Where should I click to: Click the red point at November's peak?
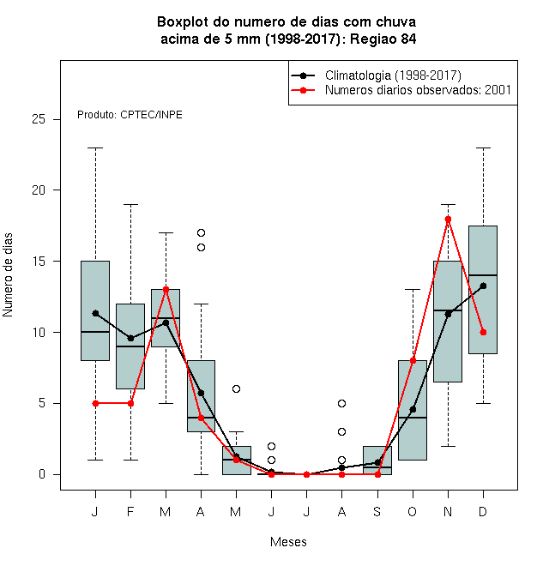point(448,219)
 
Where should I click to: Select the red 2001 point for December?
point(483,332)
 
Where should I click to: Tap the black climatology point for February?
point(130,338)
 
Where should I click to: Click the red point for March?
point(166,289)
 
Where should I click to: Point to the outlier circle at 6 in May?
point(236,388)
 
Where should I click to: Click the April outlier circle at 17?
point(202,232)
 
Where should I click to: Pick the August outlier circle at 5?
point(341,403)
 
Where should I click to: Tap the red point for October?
point(413,360)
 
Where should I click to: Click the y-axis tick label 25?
point(39,119)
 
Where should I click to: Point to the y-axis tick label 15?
point(39,261)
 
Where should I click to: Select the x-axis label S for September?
point(377,511)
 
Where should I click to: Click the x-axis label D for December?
point(483,511)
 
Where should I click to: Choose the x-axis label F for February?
point(130,511)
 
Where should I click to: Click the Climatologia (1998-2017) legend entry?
point(377,75)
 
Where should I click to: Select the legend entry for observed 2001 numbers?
point(401,90)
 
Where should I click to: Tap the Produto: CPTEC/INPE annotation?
point(130,115)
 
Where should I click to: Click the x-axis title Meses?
point(288,542)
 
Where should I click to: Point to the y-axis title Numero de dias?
point(8,275)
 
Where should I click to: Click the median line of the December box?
point(483,275)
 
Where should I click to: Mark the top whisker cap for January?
point(95,148)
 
